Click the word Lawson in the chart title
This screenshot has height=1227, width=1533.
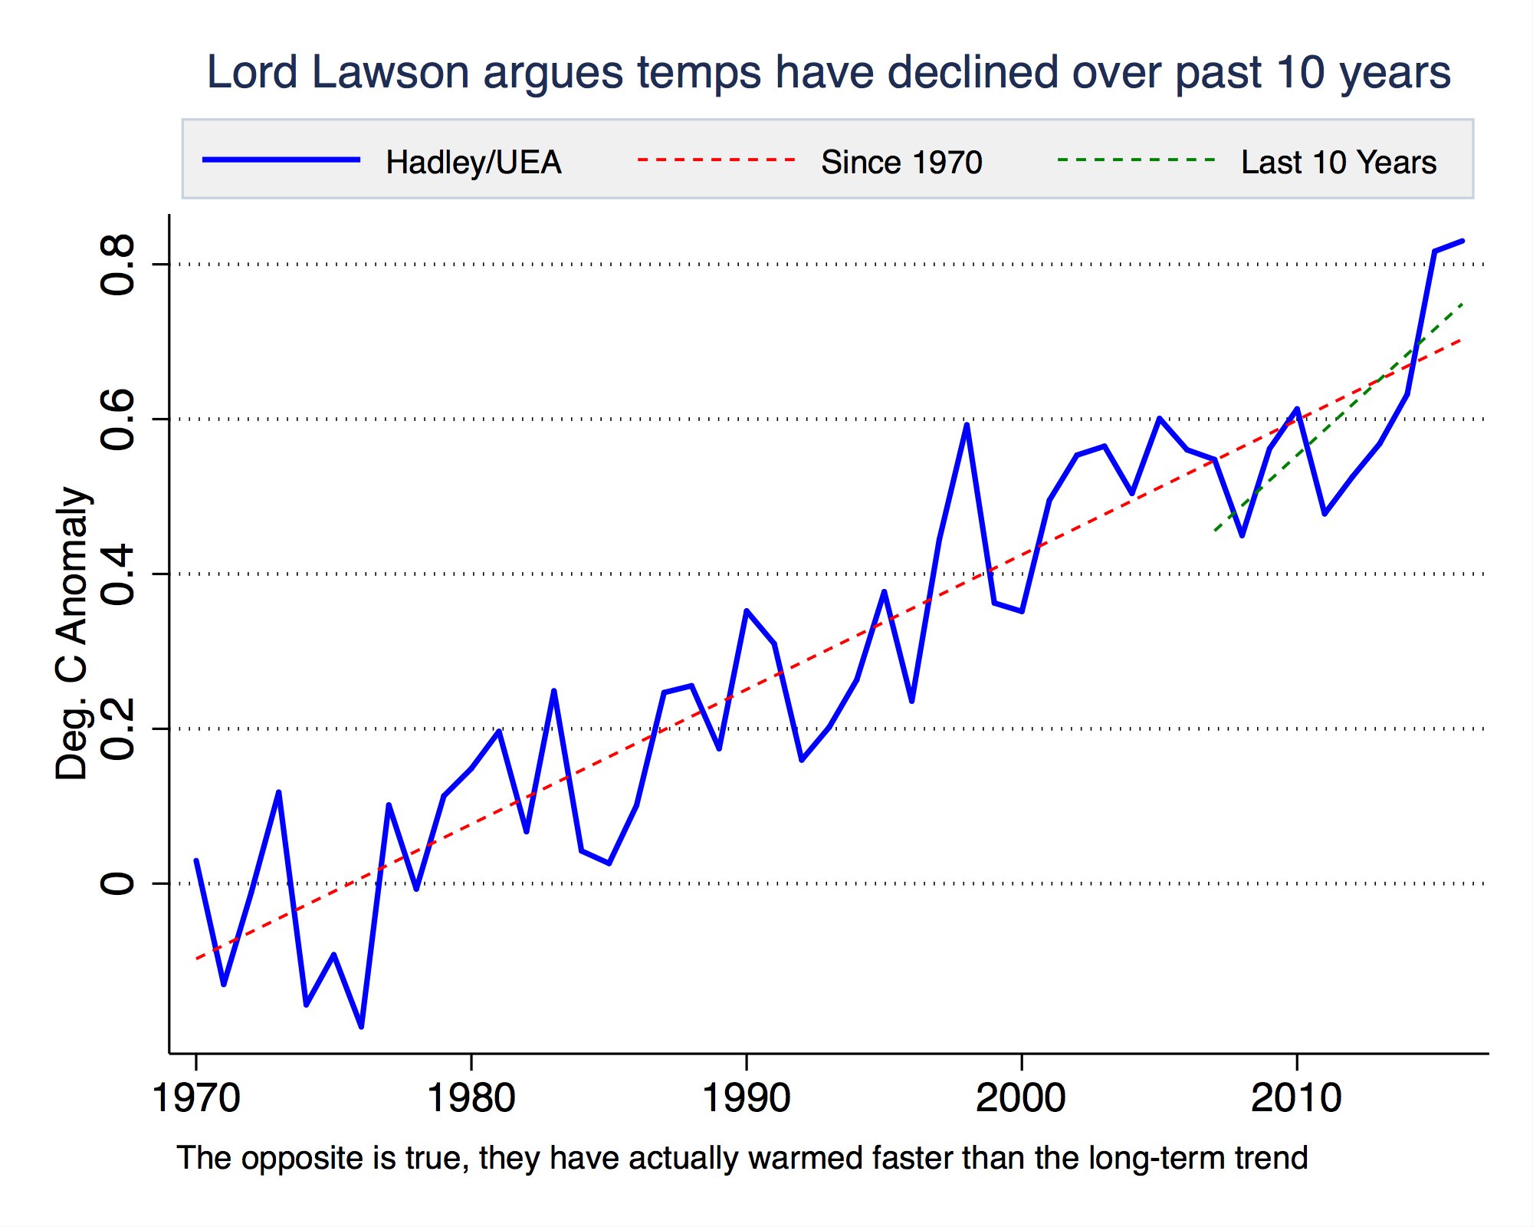[x=390, y=73]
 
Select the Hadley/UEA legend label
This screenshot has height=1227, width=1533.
[x=473, y=163]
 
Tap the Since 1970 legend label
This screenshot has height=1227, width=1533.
[x=901, y=163]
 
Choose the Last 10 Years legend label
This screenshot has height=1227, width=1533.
[x=1338, y=163]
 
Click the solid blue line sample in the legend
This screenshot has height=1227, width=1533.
[x=281, y=160]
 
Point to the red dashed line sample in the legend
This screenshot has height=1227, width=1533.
[x=717, y=160]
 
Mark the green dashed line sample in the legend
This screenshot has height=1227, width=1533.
[x=1136, y=160]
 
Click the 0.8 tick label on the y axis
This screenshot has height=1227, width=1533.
[x=118, y=265]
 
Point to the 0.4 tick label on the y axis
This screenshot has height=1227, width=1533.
[x=118, y=575]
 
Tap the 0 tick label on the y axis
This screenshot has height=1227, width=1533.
[x=118, y=883]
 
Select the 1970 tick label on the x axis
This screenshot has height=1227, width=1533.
[x=196, y=1097]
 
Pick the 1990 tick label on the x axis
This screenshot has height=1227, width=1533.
[x=746, y=1097]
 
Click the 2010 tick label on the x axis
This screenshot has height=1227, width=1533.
[x=1296, y=1097]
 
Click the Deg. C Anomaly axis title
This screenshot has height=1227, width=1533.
[x=73, y=633]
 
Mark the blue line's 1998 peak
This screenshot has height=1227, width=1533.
[x=967, y=425]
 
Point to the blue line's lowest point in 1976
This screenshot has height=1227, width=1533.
[x=361, y=1026]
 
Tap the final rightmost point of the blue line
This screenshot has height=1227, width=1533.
[x=1462, y=241]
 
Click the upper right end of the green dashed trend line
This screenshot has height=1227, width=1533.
[x=1462, y=304]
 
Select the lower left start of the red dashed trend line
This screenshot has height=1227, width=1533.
[x=197, y=959]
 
